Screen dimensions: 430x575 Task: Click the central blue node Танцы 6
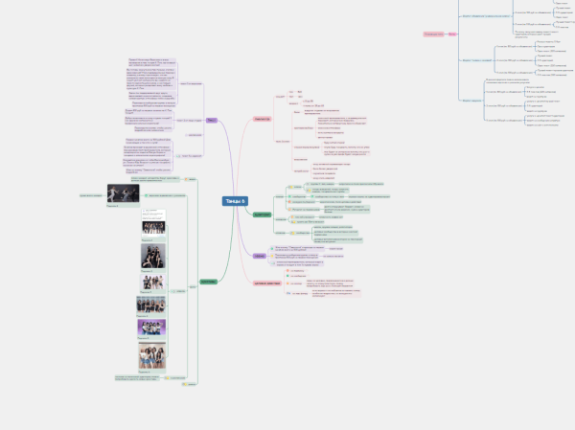point(235,200)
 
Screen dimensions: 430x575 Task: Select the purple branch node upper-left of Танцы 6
point(210,120)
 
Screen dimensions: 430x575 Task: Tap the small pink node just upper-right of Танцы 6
point(262,119)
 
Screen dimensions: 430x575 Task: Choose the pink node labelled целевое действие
point(266,283)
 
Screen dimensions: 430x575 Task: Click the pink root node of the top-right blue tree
point(432,34)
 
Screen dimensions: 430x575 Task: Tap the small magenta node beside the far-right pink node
point(450,34)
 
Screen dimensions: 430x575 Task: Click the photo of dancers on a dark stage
point(122,194)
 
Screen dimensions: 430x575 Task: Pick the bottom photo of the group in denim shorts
point(152,355)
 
